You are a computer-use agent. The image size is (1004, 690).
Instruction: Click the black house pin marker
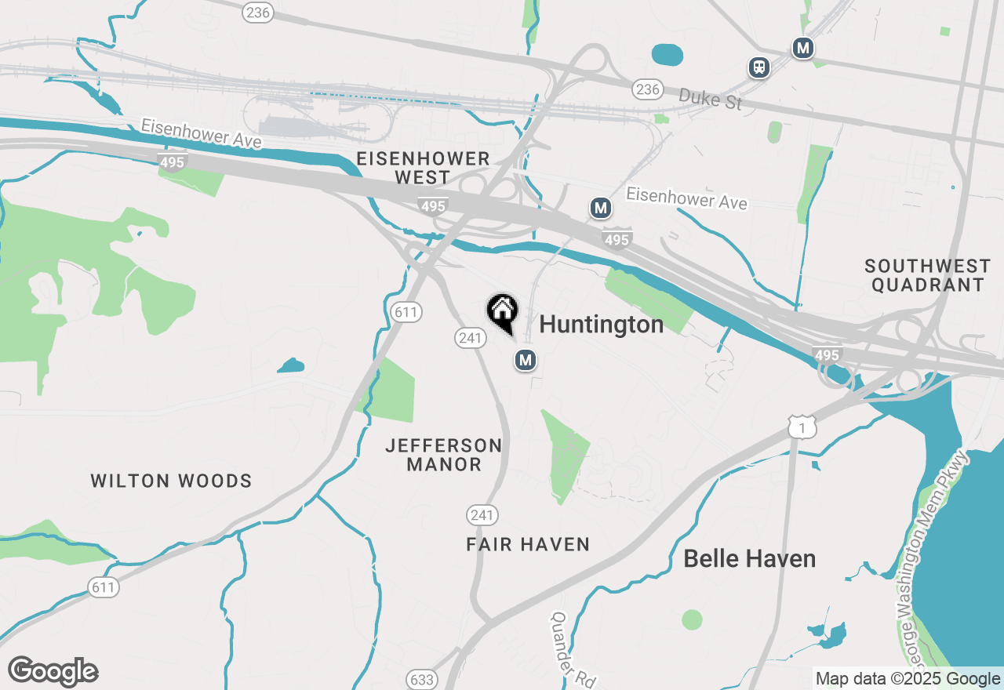pos(502,312)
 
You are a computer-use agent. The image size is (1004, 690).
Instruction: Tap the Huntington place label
pos(602,324)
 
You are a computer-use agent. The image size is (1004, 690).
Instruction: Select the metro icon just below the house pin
pos(526,360)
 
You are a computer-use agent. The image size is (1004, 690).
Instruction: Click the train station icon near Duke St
pos(758,67)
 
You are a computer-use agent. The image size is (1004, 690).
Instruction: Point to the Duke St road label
pos(709,99)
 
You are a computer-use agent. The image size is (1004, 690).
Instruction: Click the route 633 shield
pos(422,679)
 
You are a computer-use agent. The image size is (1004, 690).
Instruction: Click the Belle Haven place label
pos(749,559)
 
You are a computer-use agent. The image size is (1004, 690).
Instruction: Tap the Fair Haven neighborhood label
pos(527,544)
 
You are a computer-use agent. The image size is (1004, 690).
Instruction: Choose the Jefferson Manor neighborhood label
pos(444,455)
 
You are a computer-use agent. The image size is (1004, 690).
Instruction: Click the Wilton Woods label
pos(171,481)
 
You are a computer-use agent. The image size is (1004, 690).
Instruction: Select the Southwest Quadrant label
pos(927,275)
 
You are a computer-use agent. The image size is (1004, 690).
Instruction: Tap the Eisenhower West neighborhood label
pos(423,168)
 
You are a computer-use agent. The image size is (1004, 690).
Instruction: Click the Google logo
pos(53,672)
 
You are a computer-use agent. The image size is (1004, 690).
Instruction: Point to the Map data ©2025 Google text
pos(908,679)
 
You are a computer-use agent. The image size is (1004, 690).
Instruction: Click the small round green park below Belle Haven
pos(692,619)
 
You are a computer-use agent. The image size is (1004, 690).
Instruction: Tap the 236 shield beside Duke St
pos(648,89)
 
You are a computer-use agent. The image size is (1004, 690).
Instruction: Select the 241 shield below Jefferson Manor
pos(482,515)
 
